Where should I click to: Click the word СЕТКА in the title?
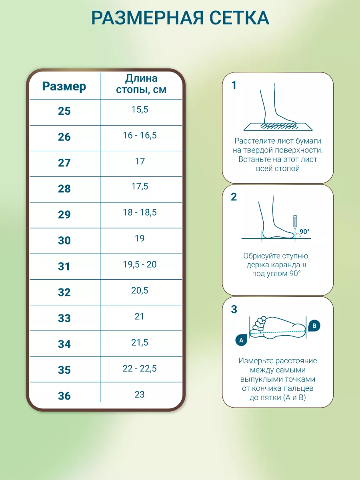point(239,18)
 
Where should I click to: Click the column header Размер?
point(64,86)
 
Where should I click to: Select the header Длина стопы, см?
point(141,84)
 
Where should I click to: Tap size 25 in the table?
point(64,111)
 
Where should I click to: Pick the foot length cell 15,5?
point(140,109)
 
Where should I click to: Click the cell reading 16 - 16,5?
point(140,135)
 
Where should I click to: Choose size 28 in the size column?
point(64,188)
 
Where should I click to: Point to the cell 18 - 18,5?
point(140,212)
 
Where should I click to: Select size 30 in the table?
point(64,240)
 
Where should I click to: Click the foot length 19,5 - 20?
point(140,264)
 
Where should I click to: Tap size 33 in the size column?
point(64,318)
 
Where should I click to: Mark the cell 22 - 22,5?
point(140,368)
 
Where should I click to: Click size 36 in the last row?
point(64,396)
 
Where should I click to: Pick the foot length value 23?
point(140,394)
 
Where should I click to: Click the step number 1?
point(234,85)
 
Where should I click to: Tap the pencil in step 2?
point(295,222)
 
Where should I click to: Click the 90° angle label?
point(304,231)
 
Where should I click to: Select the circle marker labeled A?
point(241,340)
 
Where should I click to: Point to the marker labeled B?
point(314,326)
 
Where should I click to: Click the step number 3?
point(234,310)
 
